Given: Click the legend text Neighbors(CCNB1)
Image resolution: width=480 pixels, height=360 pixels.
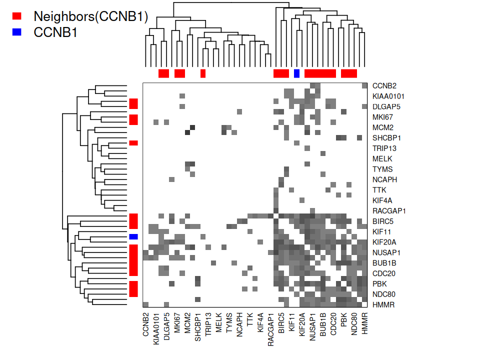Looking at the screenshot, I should tap(91, 16).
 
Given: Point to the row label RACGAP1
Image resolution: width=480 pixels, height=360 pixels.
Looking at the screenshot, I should tap(388, 211).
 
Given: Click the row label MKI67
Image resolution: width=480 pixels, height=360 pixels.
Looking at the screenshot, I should tap(382, 117).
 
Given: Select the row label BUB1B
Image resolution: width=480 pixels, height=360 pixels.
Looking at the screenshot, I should tap(383, 263).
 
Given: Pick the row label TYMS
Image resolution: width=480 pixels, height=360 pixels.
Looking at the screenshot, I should tap(382, 169).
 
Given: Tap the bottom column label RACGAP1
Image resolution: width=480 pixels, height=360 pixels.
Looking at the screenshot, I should tap(270, 329).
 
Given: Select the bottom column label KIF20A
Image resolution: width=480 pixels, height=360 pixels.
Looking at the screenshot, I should tap(302, 326).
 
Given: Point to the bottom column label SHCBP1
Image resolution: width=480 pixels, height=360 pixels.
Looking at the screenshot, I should tap(198, 326).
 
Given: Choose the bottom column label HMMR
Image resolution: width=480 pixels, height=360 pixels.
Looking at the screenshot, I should tap(364, 323).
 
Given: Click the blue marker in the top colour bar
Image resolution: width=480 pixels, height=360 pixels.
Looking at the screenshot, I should tap(296, 73).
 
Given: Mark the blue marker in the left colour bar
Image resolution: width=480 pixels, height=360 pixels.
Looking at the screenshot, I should tap(133, 236).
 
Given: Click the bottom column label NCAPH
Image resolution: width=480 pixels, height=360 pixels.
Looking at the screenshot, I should tap(239, 325).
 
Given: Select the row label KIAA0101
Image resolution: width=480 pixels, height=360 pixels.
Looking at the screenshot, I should tap(388, 96).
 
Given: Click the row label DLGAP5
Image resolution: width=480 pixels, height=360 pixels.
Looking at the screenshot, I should tap(386, 107).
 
